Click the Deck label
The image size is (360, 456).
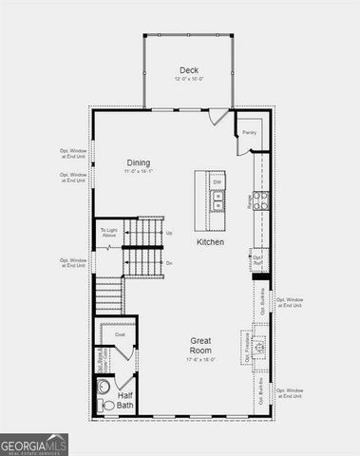187,69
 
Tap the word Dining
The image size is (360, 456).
139,162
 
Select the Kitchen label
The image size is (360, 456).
210,242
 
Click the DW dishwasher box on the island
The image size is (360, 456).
218,181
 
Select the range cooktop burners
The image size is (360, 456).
261,199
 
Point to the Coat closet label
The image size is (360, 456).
121,334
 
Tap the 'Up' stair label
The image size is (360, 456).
169,233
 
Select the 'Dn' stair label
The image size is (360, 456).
169,262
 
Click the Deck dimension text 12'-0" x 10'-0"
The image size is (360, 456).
187,80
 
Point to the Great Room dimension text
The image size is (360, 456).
199,359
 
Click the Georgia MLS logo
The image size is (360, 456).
34,442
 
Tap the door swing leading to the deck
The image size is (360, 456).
219,117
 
